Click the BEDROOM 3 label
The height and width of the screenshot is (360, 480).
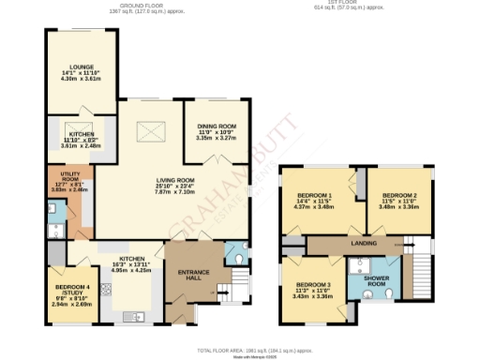click(313, 285)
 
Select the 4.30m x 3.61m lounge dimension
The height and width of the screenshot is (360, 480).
click(80, 79)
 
